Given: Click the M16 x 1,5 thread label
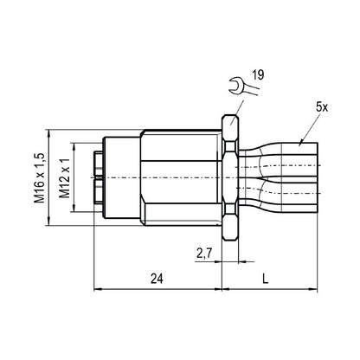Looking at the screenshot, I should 40,177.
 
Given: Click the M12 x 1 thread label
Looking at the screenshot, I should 64,177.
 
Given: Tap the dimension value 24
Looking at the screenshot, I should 155,278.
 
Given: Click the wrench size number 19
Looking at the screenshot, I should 259,77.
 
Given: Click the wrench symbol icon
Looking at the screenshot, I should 235,84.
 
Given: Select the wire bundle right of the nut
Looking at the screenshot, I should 281,177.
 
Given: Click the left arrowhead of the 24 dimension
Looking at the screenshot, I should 93,289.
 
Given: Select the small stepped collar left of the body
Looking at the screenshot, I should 119,177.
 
